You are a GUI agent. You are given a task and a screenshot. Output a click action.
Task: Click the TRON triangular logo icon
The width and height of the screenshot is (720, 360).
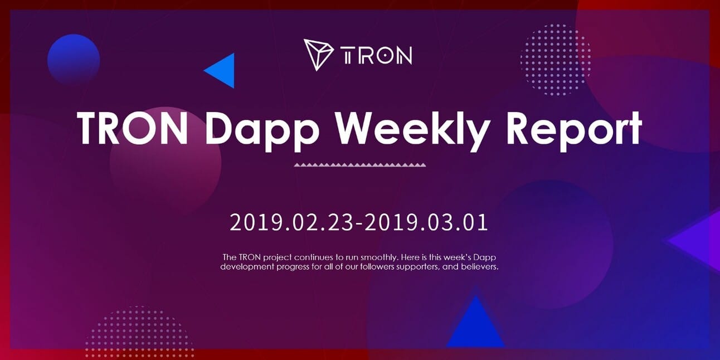[x=318, y=55]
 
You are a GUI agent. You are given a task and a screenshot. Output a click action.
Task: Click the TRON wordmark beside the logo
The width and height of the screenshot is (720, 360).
[x=376, y=55]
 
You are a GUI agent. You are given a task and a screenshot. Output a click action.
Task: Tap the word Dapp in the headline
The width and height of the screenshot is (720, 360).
[x=262, y=130]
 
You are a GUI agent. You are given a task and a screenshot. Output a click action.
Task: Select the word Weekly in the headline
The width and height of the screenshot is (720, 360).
[x=412, y=130]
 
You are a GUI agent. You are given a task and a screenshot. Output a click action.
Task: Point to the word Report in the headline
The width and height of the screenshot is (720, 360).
[x=574, y=130]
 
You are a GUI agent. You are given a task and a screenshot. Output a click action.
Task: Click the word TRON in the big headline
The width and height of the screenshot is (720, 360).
[x=133, y=128]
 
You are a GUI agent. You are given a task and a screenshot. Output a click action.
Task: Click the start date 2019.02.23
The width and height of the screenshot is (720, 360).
[x=291, y=222]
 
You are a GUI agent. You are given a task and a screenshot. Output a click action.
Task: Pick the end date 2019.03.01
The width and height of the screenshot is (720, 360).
[x=426, y=222]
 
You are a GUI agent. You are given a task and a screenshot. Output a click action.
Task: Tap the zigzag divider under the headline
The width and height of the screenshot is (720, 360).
[x=360, y=165]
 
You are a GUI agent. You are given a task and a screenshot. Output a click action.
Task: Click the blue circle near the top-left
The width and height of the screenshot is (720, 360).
[x=74, y=60]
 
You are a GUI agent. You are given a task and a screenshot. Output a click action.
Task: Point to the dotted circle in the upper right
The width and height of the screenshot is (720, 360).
[x=556, y=60]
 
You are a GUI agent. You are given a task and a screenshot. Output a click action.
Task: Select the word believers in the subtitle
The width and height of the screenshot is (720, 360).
[x=480, y=267]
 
